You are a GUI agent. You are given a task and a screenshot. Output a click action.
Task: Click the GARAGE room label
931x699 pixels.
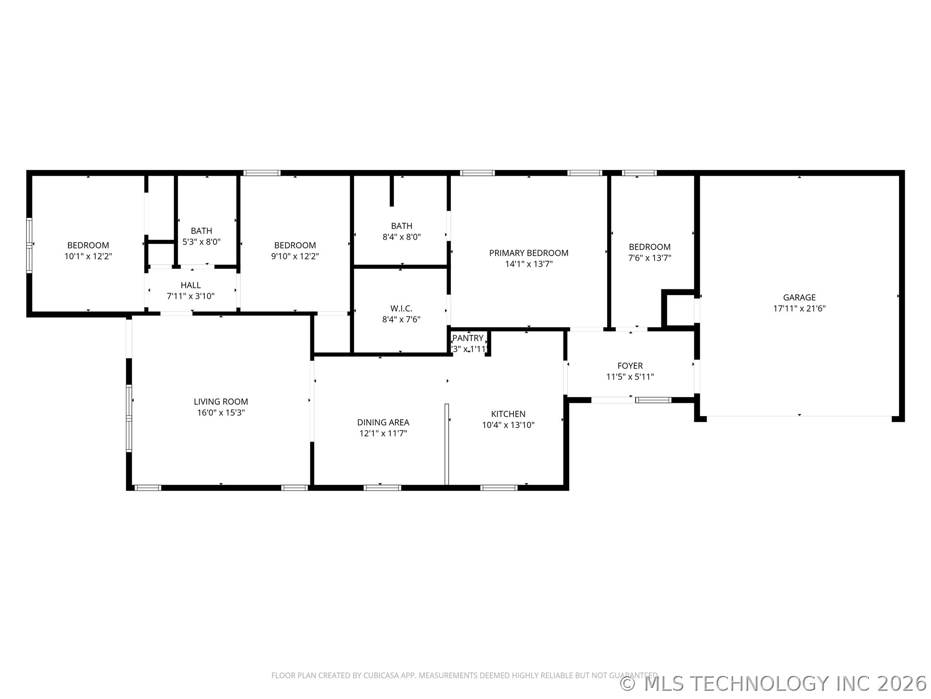coord(799,297)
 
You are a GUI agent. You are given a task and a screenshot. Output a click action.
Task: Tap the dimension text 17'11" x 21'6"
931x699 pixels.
coord(799,308)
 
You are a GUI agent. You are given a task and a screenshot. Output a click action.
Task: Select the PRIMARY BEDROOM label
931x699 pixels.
coord(529,253)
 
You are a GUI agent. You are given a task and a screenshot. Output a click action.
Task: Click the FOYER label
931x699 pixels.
coord(630,366)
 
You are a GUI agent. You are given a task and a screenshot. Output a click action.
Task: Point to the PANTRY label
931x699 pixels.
coord(468,338)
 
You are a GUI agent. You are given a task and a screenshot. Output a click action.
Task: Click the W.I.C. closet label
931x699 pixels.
coord(401,308)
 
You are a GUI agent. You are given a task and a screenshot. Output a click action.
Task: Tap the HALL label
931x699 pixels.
coord(191,285)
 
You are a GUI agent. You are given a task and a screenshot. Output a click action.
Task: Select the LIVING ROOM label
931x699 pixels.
coord(221,401)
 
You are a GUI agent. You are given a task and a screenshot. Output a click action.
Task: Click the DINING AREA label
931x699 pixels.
coord(383,422)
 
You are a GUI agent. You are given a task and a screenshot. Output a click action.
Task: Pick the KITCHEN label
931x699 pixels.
coord(508,414)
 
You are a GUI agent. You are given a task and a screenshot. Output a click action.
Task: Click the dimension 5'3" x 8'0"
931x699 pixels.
coord(201,242)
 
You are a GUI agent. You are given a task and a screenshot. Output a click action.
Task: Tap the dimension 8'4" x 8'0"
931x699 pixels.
coord(401,237)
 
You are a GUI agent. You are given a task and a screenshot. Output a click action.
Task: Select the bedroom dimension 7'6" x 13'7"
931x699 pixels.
coord(650,258)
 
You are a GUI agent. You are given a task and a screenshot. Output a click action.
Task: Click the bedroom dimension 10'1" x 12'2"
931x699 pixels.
coord(88,256)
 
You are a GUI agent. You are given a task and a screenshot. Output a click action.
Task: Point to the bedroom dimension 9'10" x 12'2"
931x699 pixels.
coord(295,256)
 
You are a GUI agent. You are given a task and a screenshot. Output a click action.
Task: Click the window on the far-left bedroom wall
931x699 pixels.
coord(29,245)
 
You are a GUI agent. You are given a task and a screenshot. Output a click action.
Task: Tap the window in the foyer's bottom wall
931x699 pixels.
coord(653,400)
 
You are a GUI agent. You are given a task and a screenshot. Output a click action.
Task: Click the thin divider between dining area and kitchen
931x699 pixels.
coord(447,444)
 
